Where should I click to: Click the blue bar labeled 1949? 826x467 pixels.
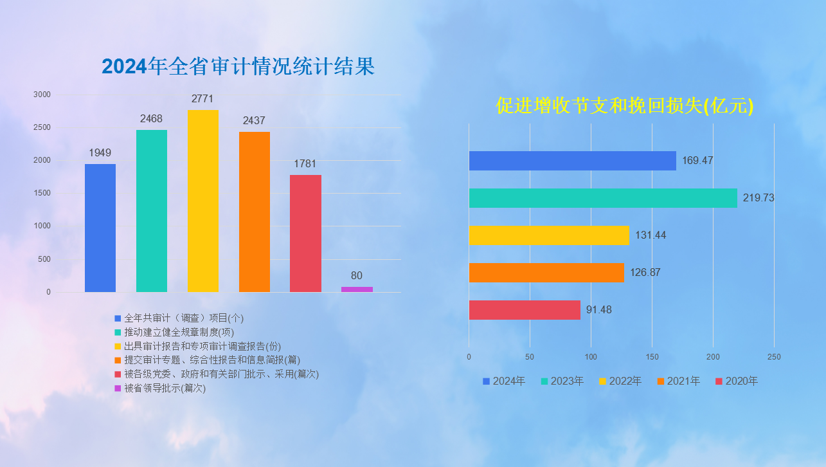[100, 228]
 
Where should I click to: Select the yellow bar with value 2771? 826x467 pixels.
[203, 201]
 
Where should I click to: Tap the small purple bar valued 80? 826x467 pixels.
[357, 289]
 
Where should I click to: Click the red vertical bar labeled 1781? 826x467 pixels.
[305, 233]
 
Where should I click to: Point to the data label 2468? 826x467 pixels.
[151, 119]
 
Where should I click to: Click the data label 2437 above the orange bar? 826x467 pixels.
[254, 121]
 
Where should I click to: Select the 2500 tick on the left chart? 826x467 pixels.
[42, 127]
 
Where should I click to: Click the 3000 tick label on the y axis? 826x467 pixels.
[42, 95]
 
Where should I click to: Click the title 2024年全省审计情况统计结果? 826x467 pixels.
[238, 66]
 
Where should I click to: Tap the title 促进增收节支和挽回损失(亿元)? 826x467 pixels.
[624, 106]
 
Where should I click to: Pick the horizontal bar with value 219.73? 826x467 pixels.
[603, 198]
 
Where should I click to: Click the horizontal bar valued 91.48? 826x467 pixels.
[525, 310]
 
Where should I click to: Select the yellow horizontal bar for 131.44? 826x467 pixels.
[549, 235]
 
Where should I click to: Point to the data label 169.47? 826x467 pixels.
[697, 160]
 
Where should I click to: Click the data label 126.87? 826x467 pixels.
[645, 273]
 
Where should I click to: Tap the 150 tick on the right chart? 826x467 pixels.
[652, 357]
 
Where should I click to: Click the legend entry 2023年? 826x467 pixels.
[562, 381]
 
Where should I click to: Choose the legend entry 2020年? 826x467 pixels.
[737, 381]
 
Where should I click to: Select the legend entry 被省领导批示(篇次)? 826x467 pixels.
[160, 389]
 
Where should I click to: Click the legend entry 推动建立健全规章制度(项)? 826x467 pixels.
[174, 333]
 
